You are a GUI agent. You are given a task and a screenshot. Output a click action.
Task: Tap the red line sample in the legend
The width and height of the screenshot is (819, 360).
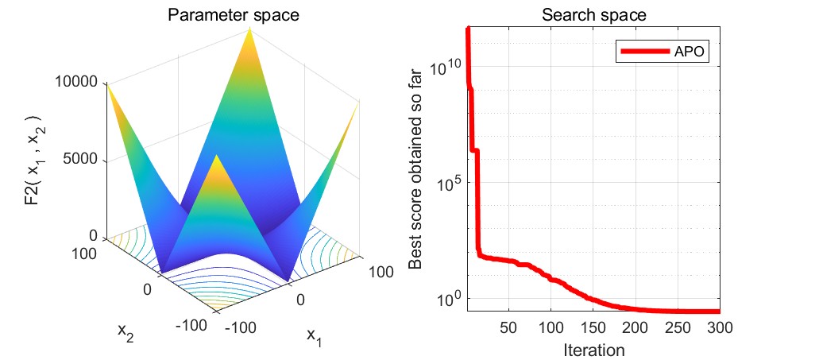click(x=644, y=52)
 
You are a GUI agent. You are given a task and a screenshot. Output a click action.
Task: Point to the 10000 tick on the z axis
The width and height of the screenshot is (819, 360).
click(x=77, y=82)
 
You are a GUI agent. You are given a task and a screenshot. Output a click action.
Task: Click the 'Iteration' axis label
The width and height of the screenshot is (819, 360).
click(x=593, y=349)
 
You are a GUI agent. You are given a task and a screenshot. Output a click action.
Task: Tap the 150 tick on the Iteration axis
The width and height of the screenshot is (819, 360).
click(x=593, y=329)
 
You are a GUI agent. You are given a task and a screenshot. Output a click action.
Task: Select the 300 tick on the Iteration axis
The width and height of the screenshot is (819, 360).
click(x=718, y=329)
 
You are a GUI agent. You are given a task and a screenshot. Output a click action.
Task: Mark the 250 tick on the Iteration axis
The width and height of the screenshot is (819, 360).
click(x=677, y=329)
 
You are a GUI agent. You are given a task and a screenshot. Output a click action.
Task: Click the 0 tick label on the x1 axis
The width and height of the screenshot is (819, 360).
click(x=300, y=299)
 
